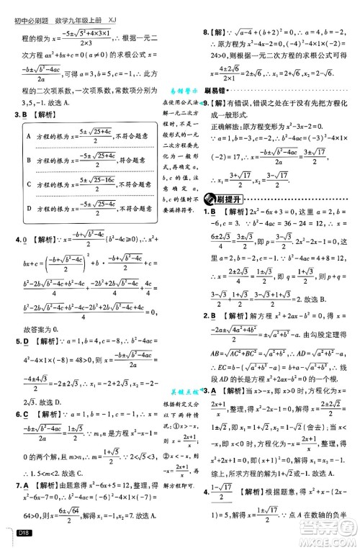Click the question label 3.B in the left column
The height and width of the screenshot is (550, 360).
20,114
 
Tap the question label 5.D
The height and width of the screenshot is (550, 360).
20,320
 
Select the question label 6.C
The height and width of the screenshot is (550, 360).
20,394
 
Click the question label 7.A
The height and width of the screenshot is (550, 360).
20,465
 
